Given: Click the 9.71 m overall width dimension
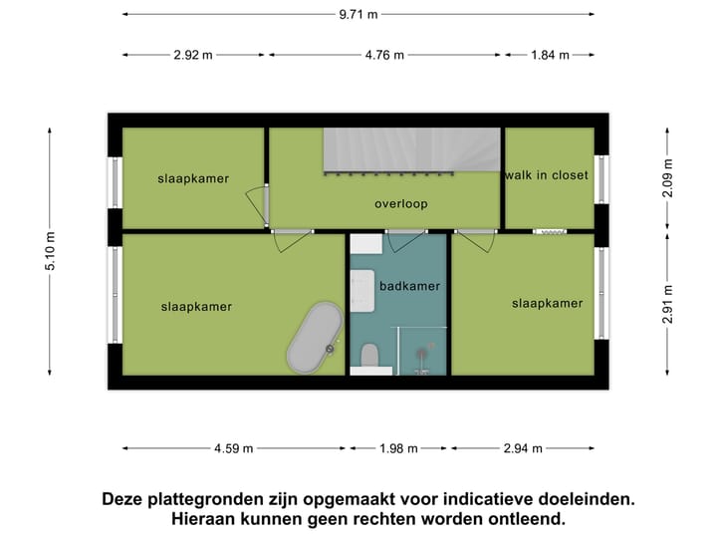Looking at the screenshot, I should [358, 15].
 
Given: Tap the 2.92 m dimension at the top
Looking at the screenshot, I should [193, 55].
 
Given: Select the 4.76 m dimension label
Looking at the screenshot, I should [384, 55].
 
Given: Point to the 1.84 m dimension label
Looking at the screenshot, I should [549, 55].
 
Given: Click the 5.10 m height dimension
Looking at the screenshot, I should [51, 250].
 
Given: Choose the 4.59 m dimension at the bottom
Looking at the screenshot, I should [233, 448].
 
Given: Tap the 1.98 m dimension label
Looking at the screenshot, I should [398, 448].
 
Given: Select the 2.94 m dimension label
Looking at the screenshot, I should [523, 448].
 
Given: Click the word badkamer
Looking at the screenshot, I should [409, 286].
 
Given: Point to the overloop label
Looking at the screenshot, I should [400, 204].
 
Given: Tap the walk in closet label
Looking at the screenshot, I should [547, 175].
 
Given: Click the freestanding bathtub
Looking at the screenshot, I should [315, 338].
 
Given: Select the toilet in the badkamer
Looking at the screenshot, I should [369, 356].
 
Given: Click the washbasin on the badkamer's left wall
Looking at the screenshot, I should [361, 288].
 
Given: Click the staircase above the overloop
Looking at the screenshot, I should [410, 149].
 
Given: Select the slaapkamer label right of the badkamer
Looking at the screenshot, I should [547, 303].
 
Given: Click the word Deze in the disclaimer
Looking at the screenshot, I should [125, 499].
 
